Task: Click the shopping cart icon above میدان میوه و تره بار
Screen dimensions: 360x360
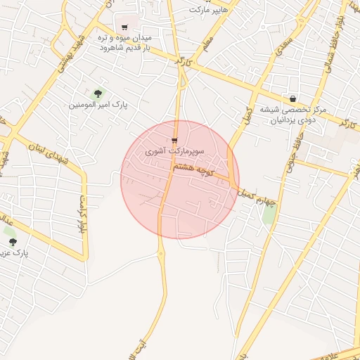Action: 124,27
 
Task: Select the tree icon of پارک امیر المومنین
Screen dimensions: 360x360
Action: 98,94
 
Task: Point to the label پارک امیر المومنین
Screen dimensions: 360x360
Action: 98,105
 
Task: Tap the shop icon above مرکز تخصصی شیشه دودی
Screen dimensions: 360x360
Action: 292,98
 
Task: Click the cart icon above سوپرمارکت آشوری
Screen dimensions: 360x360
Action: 174,141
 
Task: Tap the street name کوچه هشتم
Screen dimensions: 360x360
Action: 195,168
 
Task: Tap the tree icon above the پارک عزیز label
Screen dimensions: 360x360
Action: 13,242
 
